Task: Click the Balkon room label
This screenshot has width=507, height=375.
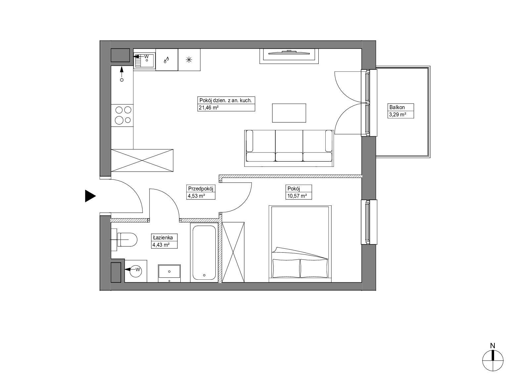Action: pyautogui.click(x=397, y=107)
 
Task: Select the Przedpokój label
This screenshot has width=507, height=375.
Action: pyautogui.click(x=201, y=189)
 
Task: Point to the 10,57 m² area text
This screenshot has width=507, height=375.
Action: pyautogui.click(x=297, y=196)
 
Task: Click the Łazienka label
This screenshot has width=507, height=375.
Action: pyautogui.click(x=163, y=237)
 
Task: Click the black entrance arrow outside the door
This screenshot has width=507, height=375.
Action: pyautogui.click(x=90, y=196)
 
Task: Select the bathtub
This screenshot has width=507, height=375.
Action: pyautogui.click(x=204, y=253)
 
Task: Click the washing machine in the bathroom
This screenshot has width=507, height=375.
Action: pyautogui.click(x=136, y=271)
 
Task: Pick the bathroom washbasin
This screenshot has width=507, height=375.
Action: pyautogui.click(x=169, y=273)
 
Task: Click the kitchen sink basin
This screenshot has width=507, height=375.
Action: pyautogui.click(x=145, y=60)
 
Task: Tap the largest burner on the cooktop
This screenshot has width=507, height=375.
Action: pyautogui.click(x=119, y=120)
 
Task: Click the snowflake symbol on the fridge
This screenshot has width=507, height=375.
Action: pyautogui.click(x=189, y=60)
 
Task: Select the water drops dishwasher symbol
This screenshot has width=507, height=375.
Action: pyautogui.click(x=166, y=60)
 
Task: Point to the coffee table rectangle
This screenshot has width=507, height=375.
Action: pyautogui.click(x=289, y=113)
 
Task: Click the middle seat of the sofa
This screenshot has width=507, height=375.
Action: pyautogui.click(x=289, y=146)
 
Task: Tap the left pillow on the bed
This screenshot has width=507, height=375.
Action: pyautogui.click(x=286, y=268)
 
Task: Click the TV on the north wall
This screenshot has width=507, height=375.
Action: pyautogui.click(x=289, y=53)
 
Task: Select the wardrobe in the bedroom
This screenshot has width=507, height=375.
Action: pyautogui.click(x=233, y=252)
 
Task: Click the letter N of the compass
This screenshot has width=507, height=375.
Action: pyautogui.click(x=492, y=346)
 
